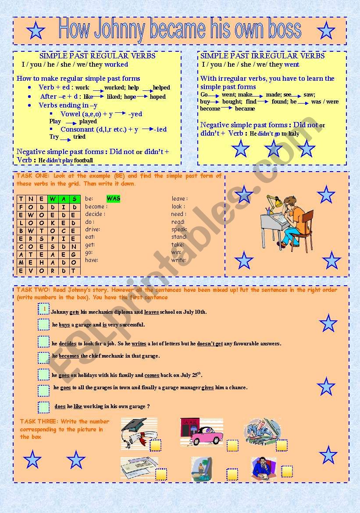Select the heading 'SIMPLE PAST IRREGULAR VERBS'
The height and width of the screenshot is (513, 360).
(262, 56)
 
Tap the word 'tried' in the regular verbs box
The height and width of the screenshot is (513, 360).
(79, 137)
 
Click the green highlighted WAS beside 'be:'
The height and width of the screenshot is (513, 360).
(114, 198)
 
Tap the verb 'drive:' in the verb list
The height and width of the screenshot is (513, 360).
(93, 229)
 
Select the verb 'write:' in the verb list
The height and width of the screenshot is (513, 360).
(178, 260)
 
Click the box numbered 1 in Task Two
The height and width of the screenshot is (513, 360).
(43, 310)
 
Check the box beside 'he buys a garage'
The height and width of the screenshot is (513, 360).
(43, 325)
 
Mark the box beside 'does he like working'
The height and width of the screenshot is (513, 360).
(43, 407)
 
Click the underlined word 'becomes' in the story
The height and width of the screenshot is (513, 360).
(69, 356)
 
